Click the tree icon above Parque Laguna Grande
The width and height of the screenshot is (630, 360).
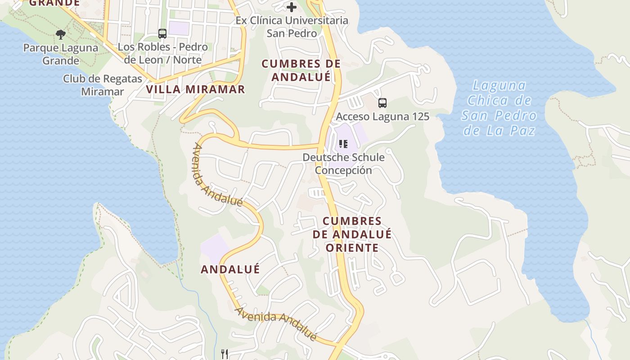click(61, 35)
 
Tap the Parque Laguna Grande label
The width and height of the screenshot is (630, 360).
click(61, 54)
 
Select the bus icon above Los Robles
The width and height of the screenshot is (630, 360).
click(162, 34)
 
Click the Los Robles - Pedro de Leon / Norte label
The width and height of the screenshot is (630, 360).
click(162, 53)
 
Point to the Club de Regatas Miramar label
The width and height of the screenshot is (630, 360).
click(103, 85)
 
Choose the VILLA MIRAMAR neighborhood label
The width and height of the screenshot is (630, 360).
click(196, 89)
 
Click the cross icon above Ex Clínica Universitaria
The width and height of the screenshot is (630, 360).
click(292, 7)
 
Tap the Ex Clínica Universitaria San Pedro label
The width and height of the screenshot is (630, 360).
click(292, 27)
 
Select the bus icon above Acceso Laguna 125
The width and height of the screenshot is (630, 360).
click(382, 103)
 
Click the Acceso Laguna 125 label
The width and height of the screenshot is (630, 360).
click(382, 117)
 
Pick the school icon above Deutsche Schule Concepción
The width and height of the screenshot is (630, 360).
click(344, 144)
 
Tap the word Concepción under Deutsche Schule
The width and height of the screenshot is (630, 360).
click(343, 170)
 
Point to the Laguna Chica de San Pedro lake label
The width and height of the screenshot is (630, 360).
click(499, 108)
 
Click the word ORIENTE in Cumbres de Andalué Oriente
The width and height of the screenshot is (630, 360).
click(352, 247)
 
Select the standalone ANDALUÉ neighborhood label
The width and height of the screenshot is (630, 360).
click(230, 269)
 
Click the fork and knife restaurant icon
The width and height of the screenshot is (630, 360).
click(225, 354)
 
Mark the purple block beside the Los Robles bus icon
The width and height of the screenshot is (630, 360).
click(179, 28)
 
